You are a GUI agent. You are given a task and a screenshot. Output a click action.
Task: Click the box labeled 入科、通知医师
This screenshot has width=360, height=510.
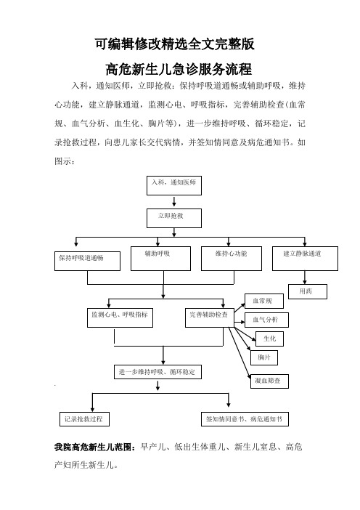click(x=173, y=186)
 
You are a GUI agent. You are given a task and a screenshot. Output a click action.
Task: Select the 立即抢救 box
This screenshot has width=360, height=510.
click(x=173, y=218)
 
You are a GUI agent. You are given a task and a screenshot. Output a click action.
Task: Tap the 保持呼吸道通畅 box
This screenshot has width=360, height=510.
click(x=87, y=261)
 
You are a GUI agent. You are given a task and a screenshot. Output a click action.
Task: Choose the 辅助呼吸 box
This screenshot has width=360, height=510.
click(x=160, y=258)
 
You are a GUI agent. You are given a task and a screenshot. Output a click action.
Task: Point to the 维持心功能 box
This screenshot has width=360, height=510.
click(x=232, y=258)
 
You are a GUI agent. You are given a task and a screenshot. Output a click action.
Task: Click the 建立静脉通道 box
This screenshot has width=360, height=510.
click(x=305, y=258)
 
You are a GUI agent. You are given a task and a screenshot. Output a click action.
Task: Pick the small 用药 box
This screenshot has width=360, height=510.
click(x=308, y=292)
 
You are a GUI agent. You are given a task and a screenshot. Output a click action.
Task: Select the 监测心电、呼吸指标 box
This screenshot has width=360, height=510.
click(x=120, y=317)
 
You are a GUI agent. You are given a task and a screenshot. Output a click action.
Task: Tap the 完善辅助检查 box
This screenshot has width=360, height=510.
click(x=210, y=317)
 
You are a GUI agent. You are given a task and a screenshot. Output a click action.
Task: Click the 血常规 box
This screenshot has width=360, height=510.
click(x=263, y=301)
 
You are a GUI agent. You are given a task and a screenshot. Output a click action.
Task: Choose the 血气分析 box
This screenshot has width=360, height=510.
click(x=266, y=320)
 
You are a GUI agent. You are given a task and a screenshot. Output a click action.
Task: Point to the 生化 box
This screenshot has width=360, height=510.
click(x=270, y=339)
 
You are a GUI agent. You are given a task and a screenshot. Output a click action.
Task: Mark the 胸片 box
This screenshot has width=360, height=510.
click(x=264, y=357)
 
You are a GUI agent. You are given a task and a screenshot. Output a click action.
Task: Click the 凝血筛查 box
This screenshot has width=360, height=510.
click(x=270, y=381)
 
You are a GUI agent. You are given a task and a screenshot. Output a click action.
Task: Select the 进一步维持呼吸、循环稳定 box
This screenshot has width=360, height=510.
click(x=157, y=372)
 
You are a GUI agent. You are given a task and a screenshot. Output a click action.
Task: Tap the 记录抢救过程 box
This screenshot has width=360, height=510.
click(x=84, y=419)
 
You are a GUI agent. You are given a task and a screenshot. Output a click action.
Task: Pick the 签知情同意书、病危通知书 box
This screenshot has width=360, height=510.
click(x=245, y=419)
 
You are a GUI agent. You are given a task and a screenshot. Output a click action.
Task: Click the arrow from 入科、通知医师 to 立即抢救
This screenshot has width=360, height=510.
click(x=174, y=201)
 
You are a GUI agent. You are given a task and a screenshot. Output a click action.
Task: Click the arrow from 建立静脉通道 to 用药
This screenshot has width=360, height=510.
click(x=305, y=278)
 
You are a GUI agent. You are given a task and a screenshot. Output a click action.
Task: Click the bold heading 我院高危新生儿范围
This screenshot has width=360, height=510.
click(x=95, y=448)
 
